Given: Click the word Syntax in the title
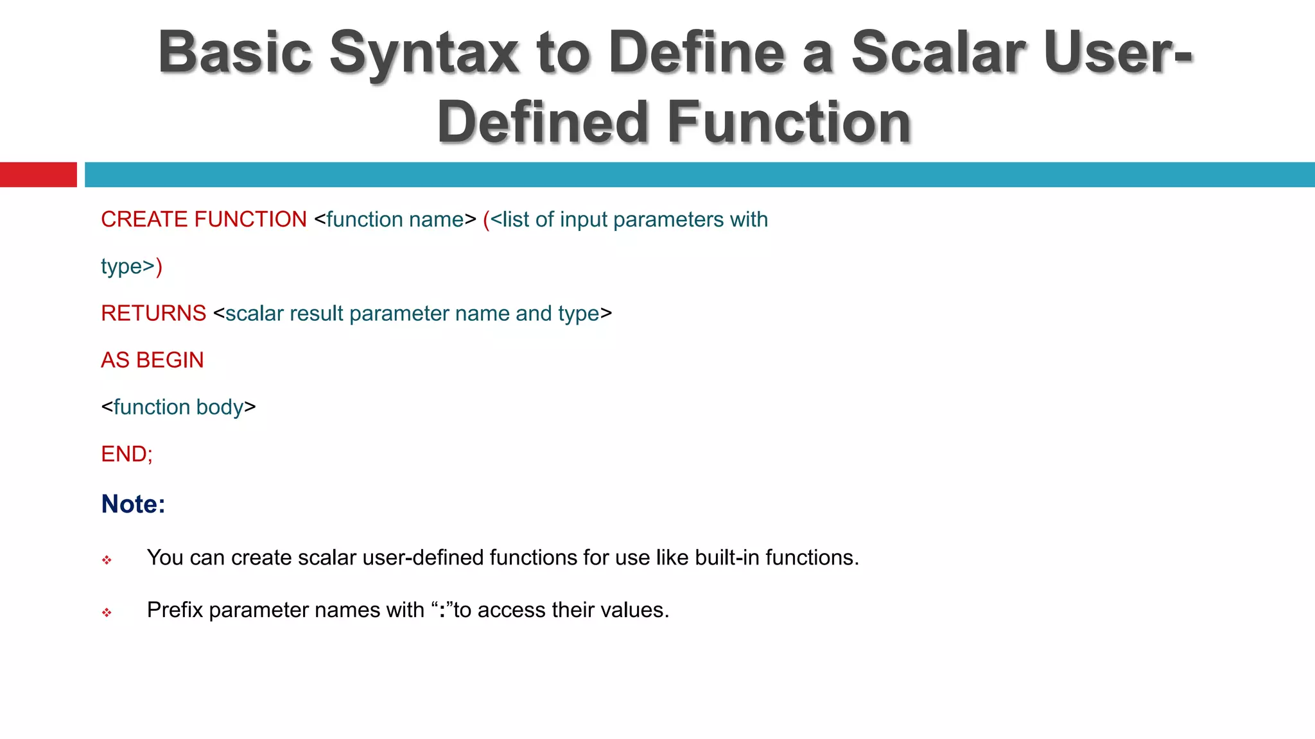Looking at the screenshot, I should click(x=424, y=53).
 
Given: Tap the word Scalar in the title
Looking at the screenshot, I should click(x=939, y=53).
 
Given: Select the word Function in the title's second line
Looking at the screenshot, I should click(x=789, y=122).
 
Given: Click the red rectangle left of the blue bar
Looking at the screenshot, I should click(x=38, y=174).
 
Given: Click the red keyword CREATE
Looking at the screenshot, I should click(x=144, y=219).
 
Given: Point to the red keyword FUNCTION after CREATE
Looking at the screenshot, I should click(x=250, y=219).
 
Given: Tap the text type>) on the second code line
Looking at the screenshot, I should click(x=132, y=266).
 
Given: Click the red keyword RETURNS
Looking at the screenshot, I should click(x=153, y=313).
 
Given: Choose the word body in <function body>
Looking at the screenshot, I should click(x=220, y=407).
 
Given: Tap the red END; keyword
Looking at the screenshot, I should click(x=126, y=454).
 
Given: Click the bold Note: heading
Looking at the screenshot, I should click(x=133, y=504).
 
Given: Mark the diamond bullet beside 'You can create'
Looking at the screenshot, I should click(x=107, y=560).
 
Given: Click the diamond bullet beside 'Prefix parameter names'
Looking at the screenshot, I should click(x=107, y=613).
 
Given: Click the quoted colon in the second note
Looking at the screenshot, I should click(x=442, y=610).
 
